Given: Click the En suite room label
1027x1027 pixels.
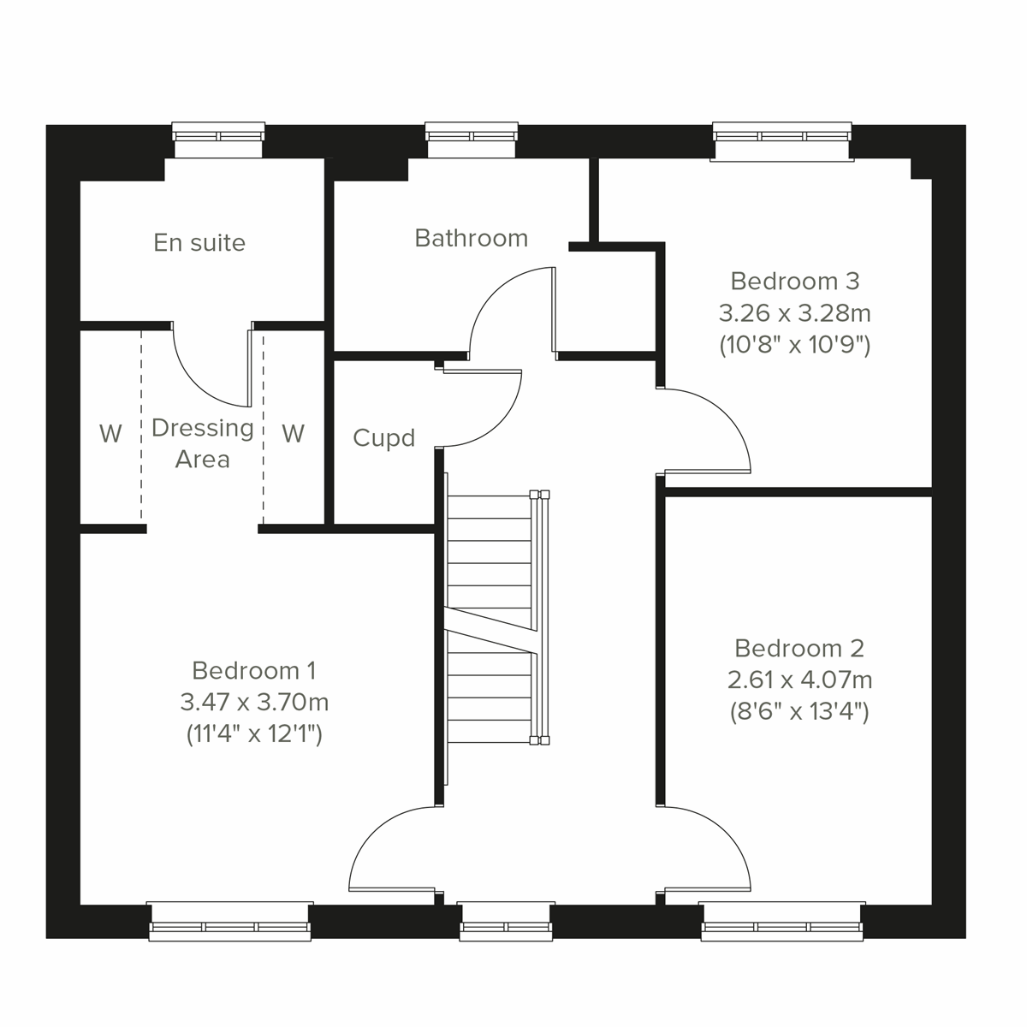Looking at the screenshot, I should point(199,243).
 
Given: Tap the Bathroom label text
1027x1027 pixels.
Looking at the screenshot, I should point(471,238).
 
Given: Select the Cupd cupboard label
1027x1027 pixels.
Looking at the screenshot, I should point(383,438).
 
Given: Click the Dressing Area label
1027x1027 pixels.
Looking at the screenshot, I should point(203,443).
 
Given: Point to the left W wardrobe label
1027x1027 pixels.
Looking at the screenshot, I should point(110,434).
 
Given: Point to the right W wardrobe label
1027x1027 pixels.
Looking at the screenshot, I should point(293,434).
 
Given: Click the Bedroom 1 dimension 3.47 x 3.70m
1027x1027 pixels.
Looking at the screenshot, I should point(254,703).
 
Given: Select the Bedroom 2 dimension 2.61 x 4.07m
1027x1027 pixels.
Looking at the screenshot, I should point(799,680).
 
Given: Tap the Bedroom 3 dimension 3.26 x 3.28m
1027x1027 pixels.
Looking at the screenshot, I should point(795,313).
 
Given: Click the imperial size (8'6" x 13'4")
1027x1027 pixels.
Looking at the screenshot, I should point(799,712).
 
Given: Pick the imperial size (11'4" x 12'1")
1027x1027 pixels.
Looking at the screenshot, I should point(254,734).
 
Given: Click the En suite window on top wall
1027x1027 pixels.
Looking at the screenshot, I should point(218,140).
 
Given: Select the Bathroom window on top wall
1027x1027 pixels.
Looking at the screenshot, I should point(472,140).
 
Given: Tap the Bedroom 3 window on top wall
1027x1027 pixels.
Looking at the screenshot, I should point(782,140).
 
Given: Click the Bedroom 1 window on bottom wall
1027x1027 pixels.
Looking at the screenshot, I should point(229,922).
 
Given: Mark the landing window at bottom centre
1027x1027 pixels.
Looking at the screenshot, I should point(506,922).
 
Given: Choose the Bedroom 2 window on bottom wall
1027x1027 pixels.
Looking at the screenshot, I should point(782,922).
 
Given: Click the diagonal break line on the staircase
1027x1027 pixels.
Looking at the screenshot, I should point(491,631).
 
